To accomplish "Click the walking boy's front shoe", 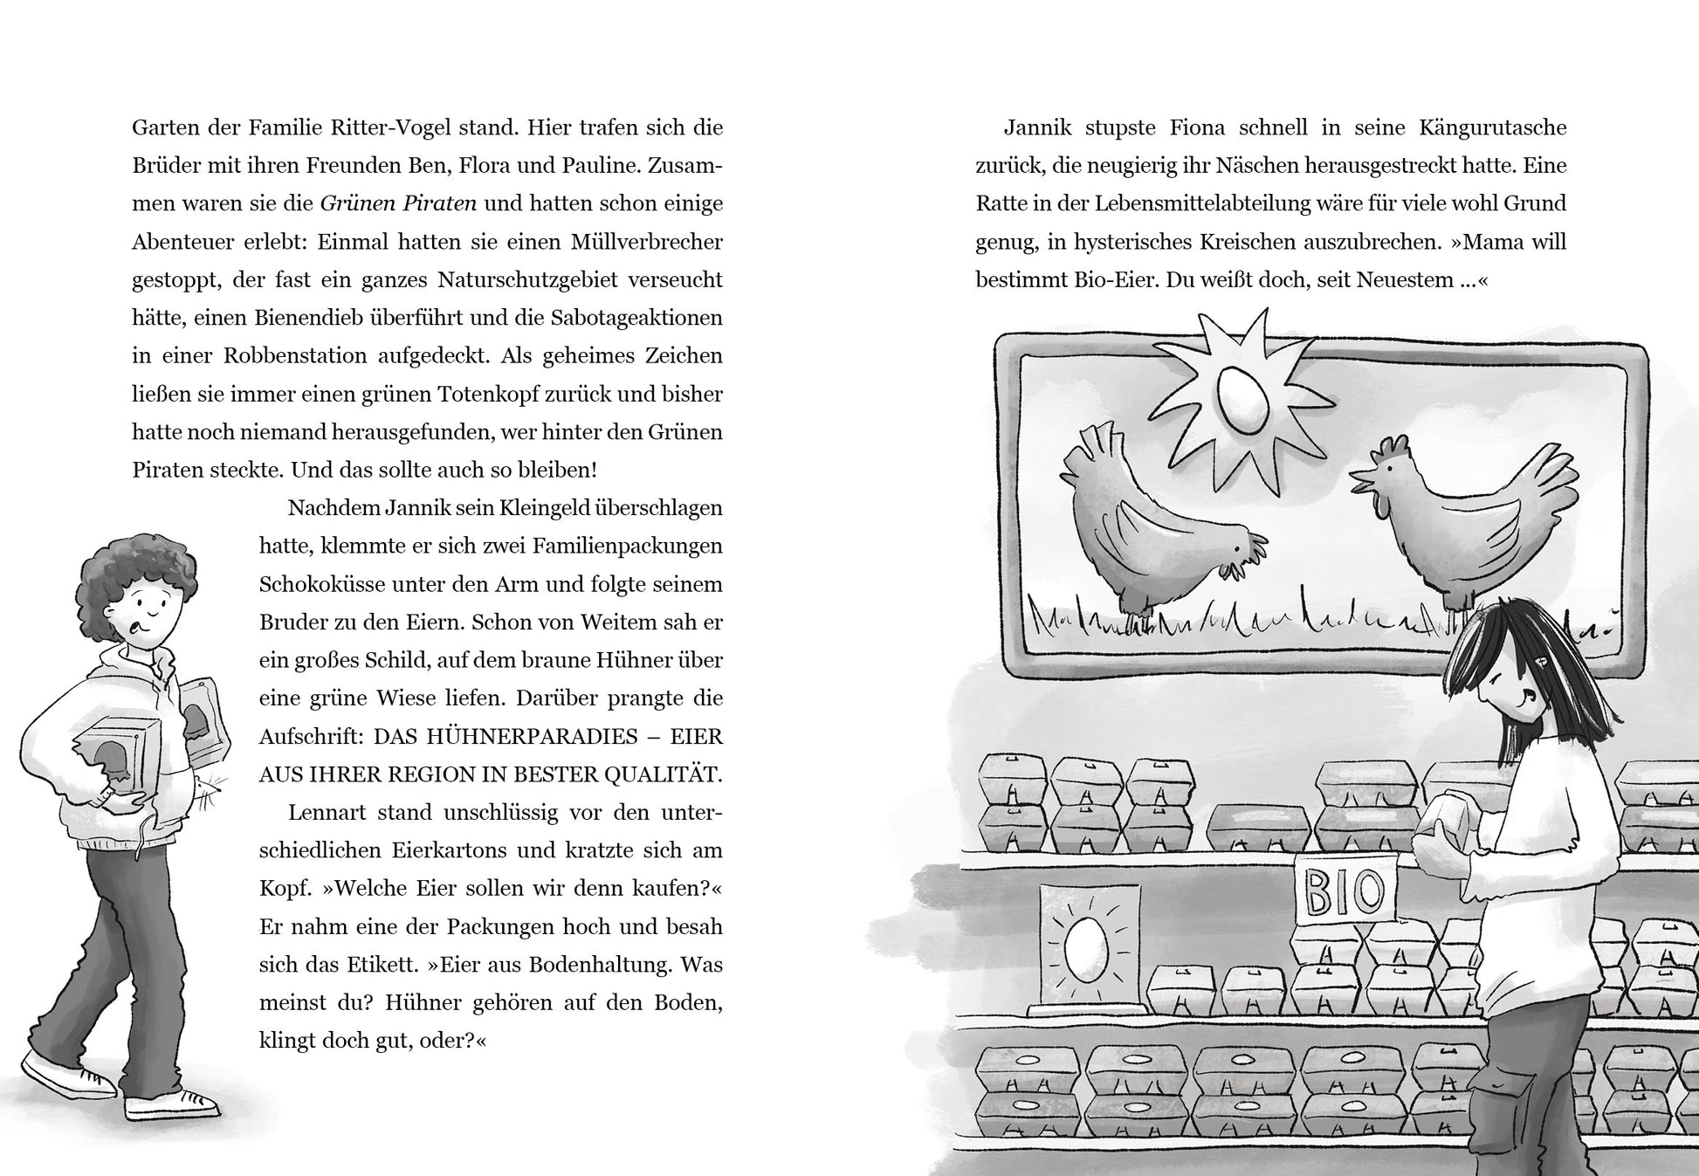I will pos(170,1104).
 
